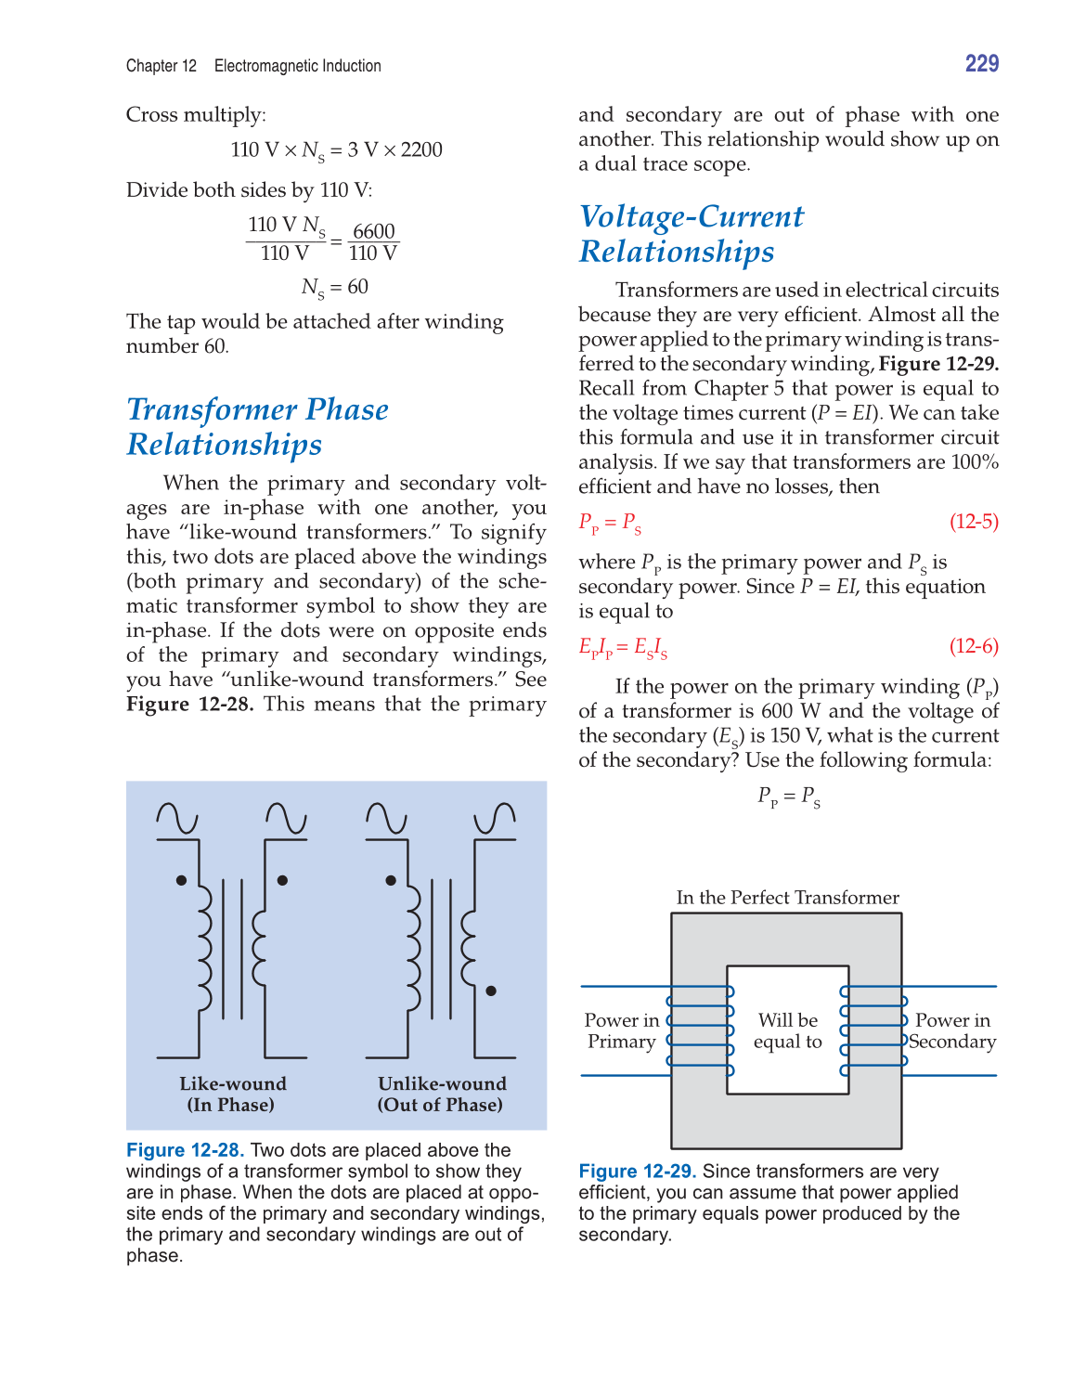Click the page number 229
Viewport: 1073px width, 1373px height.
point(981,64)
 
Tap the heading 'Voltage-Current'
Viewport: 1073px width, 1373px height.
point(692,216)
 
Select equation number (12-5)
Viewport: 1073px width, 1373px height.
point(974,522)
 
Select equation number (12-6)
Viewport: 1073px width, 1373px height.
point(974,646)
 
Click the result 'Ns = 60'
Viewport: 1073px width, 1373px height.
point(334,288)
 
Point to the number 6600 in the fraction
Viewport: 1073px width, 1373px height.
point(373,231)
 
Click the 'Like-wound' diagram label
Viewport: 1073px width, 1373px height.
point(232,1084)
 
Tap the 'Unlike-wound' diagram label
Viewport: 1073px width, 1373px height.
point(442,1084)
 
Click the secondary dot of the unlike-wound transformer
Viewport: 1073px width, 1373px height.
point(491,991)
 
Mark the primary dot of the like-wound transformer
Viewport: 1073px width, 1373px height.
point(181,880)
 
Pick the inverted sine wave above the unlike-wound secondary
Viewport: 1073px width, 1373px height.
point(495,818)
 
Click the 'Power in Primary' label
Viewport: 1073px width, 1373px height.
point(621,1030)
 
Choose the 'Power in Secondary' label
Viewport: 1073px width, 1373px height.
point(952,1030)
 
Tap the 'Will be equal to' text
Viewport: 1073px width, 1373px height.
point(788,1030)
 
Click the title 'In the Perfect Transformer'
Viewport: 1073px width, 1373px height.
point(787,898)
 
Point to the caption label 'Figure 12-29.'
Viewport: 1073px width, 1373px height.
point(637,1172)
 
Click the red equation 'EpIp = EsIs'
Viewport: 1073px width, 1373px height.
point(623,647)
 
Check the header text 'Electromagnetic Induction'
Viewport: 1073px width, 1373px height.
point(297,66)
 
